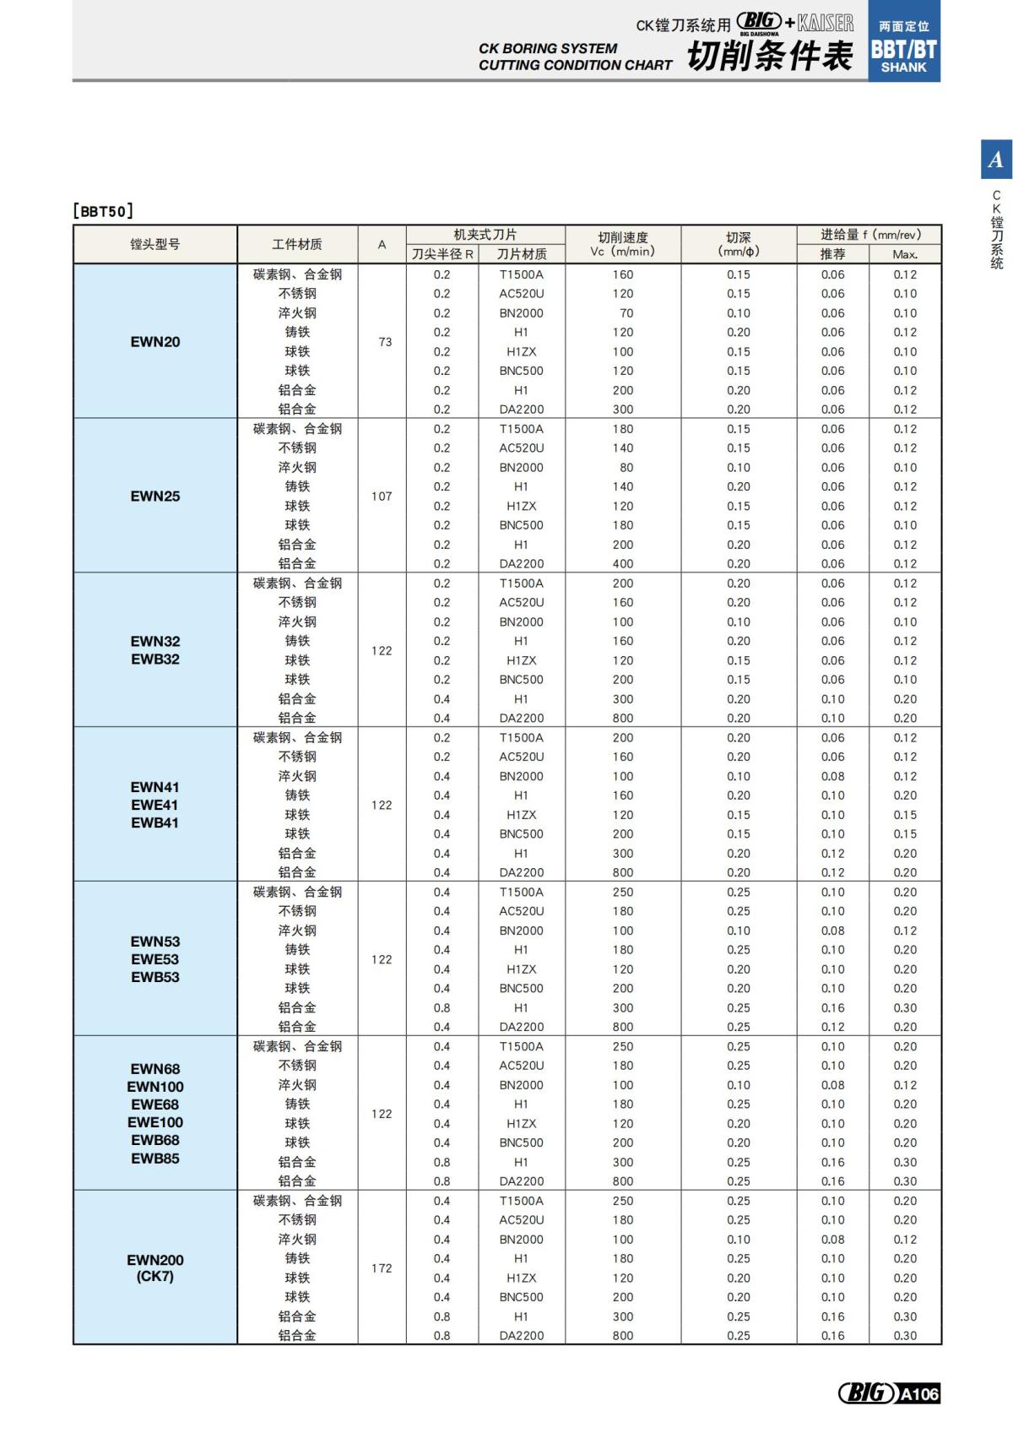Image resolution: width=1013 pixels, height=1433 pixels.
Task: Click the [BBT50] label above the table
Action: (x=103, y=211)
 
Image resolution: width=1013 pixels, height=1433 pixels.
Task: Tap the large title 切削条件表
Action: (x=769, y=57)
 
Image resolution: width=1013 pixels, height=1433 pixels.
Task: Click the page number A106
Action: (x=918, y=1393)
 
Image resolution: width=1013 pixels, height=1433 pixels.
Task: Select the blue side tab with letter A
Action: (x=996, y=159)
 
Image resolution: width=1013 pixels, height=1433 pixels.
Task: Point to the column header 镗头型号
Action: (x=155, y=244)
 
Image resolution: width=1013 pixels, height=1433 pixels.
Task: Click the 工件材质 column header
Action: (x=297, y=244)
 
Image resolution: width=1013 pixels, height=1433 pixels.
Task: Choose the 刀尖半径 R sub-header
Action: (x=442, y=254)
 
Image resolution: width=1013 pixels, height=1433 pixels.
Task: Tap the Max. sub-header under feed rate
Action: (x=905, y=254)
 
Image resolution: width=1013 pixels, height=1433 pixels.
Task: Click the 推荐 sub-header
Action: (x=832, y=254)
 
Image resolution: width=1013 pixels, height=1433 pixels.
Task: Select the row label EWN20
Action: (x=155, y=342)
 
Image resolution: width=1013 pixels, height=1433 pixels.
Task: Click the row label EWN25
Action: (x=155, y=497)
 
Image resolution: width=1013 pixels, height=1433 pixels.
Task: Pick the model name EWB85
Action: (x=155, y=1159)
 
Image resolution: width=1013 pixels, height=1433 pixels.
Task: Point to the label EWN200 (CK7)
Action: (x=155, y=1267)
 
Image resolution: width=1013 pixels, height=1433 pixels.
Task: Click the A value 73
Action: (x=385, y=342)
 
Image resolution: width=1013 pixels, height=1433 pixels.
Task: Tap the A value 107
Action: (x=382, y=497)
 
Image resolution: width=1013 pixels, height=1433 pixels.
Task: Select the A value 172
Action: (x=382, y=1268)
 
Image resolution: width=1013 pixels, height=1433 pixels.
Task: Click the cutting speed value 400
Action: (x=623, y=564)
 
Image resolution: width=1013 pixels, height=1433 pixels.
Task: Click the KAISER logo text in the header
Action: (x=826, y=23)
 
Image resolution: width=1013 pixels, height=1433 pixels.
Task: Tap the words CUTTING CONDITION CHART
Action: (x=575, y=65)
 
